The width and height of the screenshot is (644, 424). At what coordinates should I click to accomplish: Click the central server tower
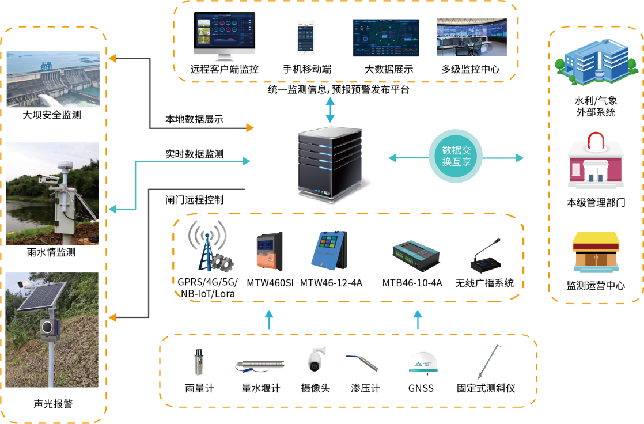pyautogui.click(x=330, y=164)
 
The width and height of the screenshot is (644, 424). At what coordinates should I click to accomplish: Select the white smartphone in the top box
pyautogui.click(x=306, y=37)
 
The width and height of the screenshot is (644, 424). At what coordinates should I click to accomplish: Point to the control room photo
pyautogui.click(x=472, y=37)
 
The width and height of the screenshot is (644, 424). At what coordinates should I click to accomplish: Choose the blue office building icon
pyautogui.click(x=592, y=64)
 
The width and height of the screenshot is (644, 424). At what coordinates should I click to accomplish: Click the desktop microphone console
pyautogui.click(x=486, y=256)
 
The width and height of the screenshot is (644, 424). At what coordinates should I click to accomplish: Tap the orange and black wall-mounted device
pyautogui.click(x=270, y=251)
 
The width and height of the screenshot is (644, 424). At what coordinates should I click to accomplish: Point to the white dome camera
pyautogui.click(x=315, y=359)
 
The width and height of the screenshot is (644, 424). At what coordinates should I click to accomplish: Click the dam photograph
pyautogui.click(x=53, y=79)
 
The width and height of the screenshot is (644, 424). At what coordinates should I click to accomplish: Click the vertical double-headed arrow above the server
pyautogui.click(x=330, y=110)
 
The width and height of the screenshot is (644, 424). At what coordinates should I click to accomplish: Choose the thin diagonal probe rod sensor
pyautogui.click(x=488, y=362)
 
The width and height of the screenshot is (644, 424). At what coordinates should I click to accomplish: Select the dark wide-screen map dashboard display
pyautogui.click(x=386, y=38)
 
